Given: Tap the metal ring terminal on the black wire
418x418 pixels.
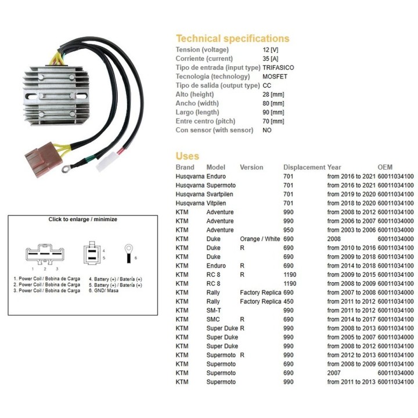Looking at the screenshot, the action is click(x=66, y=168).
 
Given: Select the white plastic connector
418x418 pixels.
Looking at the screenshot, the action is click(x=106, y=161).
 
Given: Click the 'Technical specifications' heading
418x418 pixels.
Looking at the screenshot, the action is click(x=232, y=38).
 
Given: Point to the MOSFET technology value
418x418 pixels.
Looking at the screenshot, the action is click(x=275, y=77).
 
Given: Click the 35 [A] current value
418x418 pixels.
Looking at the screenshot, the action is click(x=271, y=59).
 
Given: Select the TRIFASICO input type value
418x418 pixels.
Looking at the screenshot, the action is click(x=278, y=67).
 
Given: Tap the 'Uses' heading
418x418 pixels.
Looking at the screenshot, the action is click(x=187, y=156).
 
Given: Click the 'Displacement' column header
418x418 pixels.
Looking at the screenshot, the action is click(x=304, y=167).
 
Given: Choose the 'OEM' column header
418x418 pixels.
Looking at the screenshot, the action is click(x=385, y=167).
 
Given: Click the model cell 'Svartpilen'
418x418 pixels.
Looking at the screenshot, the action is click(x=219, y=194).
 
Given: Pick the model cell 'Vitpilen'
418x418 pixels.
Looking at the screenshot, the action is click(x=216, y=203).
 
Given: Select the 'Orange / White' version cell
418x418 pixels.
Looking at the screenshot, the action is click(x=260, y=239).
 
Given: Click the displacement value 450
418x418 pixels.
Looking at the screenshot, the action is click(x=288, y=301).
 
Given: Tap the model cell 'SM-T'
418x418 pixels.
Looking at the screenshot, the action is click(x=214, y=310).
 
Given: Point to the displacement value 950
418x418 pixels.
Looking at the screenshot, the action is click(x=288, y=230).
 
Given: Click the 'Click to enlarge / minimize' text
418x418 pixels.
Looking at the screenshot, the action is click(x=82, y=219).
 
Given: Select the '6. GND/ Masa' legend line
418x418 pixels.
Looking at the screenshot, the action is click(x=103, y=291).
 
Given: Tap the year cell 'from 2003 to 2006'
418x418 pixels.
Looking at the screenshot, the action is click(x=351, y=230).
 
